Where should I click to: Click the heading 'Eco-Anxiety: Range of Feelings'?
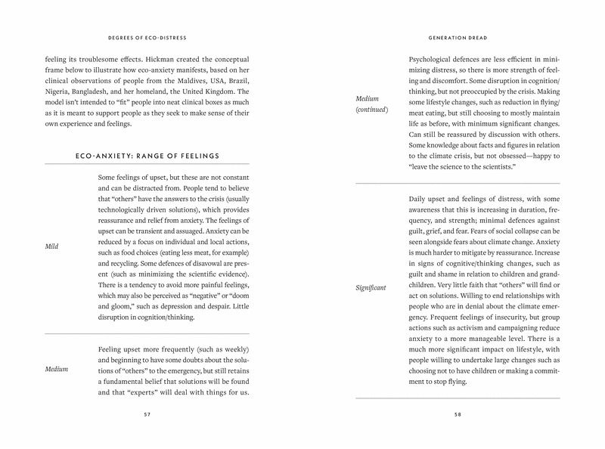[x=147, y=156]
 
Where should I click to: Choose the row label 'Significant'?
[x=371, y=287]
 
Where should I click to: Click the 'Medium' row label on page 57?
[x=57, y=369]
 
